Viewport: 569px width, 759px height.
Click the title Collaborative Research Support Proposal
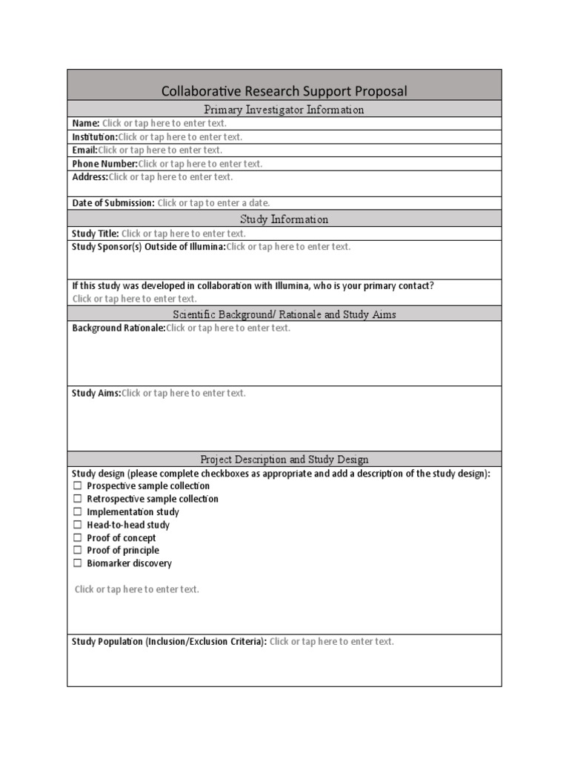coord(284,91)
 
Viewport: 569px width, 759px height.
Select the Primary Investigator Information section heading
coord(284,110)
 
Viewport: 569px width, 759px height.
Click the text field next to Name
coord(164,123)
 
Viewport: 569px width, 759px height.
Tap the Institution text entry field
coord(180,137)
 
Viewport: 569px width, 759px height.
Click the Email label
coord(84,150)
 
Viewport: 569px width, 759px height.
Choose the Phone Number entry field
coord(200,164)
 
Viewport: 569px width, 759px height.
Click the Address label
coord(90,177)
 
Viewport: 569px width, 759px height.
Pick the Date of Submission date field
coord(213,202)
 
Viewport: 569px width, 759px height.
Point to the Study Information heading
coord(284,219)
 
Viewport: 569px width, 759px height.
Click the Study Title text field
coord(183,233)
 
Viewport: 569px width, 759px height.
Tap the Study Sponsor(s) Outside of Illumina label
coord(148,247)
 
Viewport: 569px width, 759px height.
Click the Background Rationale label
coord(119,328)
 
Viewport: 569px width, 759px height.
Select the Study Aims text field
coord(183,393)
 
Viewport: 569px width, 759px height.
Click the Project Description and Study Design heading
coord(284,460)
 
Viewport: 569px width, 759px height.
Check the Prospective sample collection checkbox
coord(77,486)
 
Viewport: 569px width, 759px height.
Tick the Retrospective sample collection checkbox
coord(77,499)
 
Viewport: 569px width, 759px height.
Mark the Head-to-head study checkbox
coord(77,525)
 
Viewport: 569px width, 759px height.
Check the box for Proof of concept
coord(77,537)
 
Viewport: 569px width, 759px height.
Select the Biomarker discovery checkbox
coord(77,563)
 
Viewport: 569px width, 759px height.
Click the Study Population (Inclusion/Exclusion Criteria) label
coord(169,641)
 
